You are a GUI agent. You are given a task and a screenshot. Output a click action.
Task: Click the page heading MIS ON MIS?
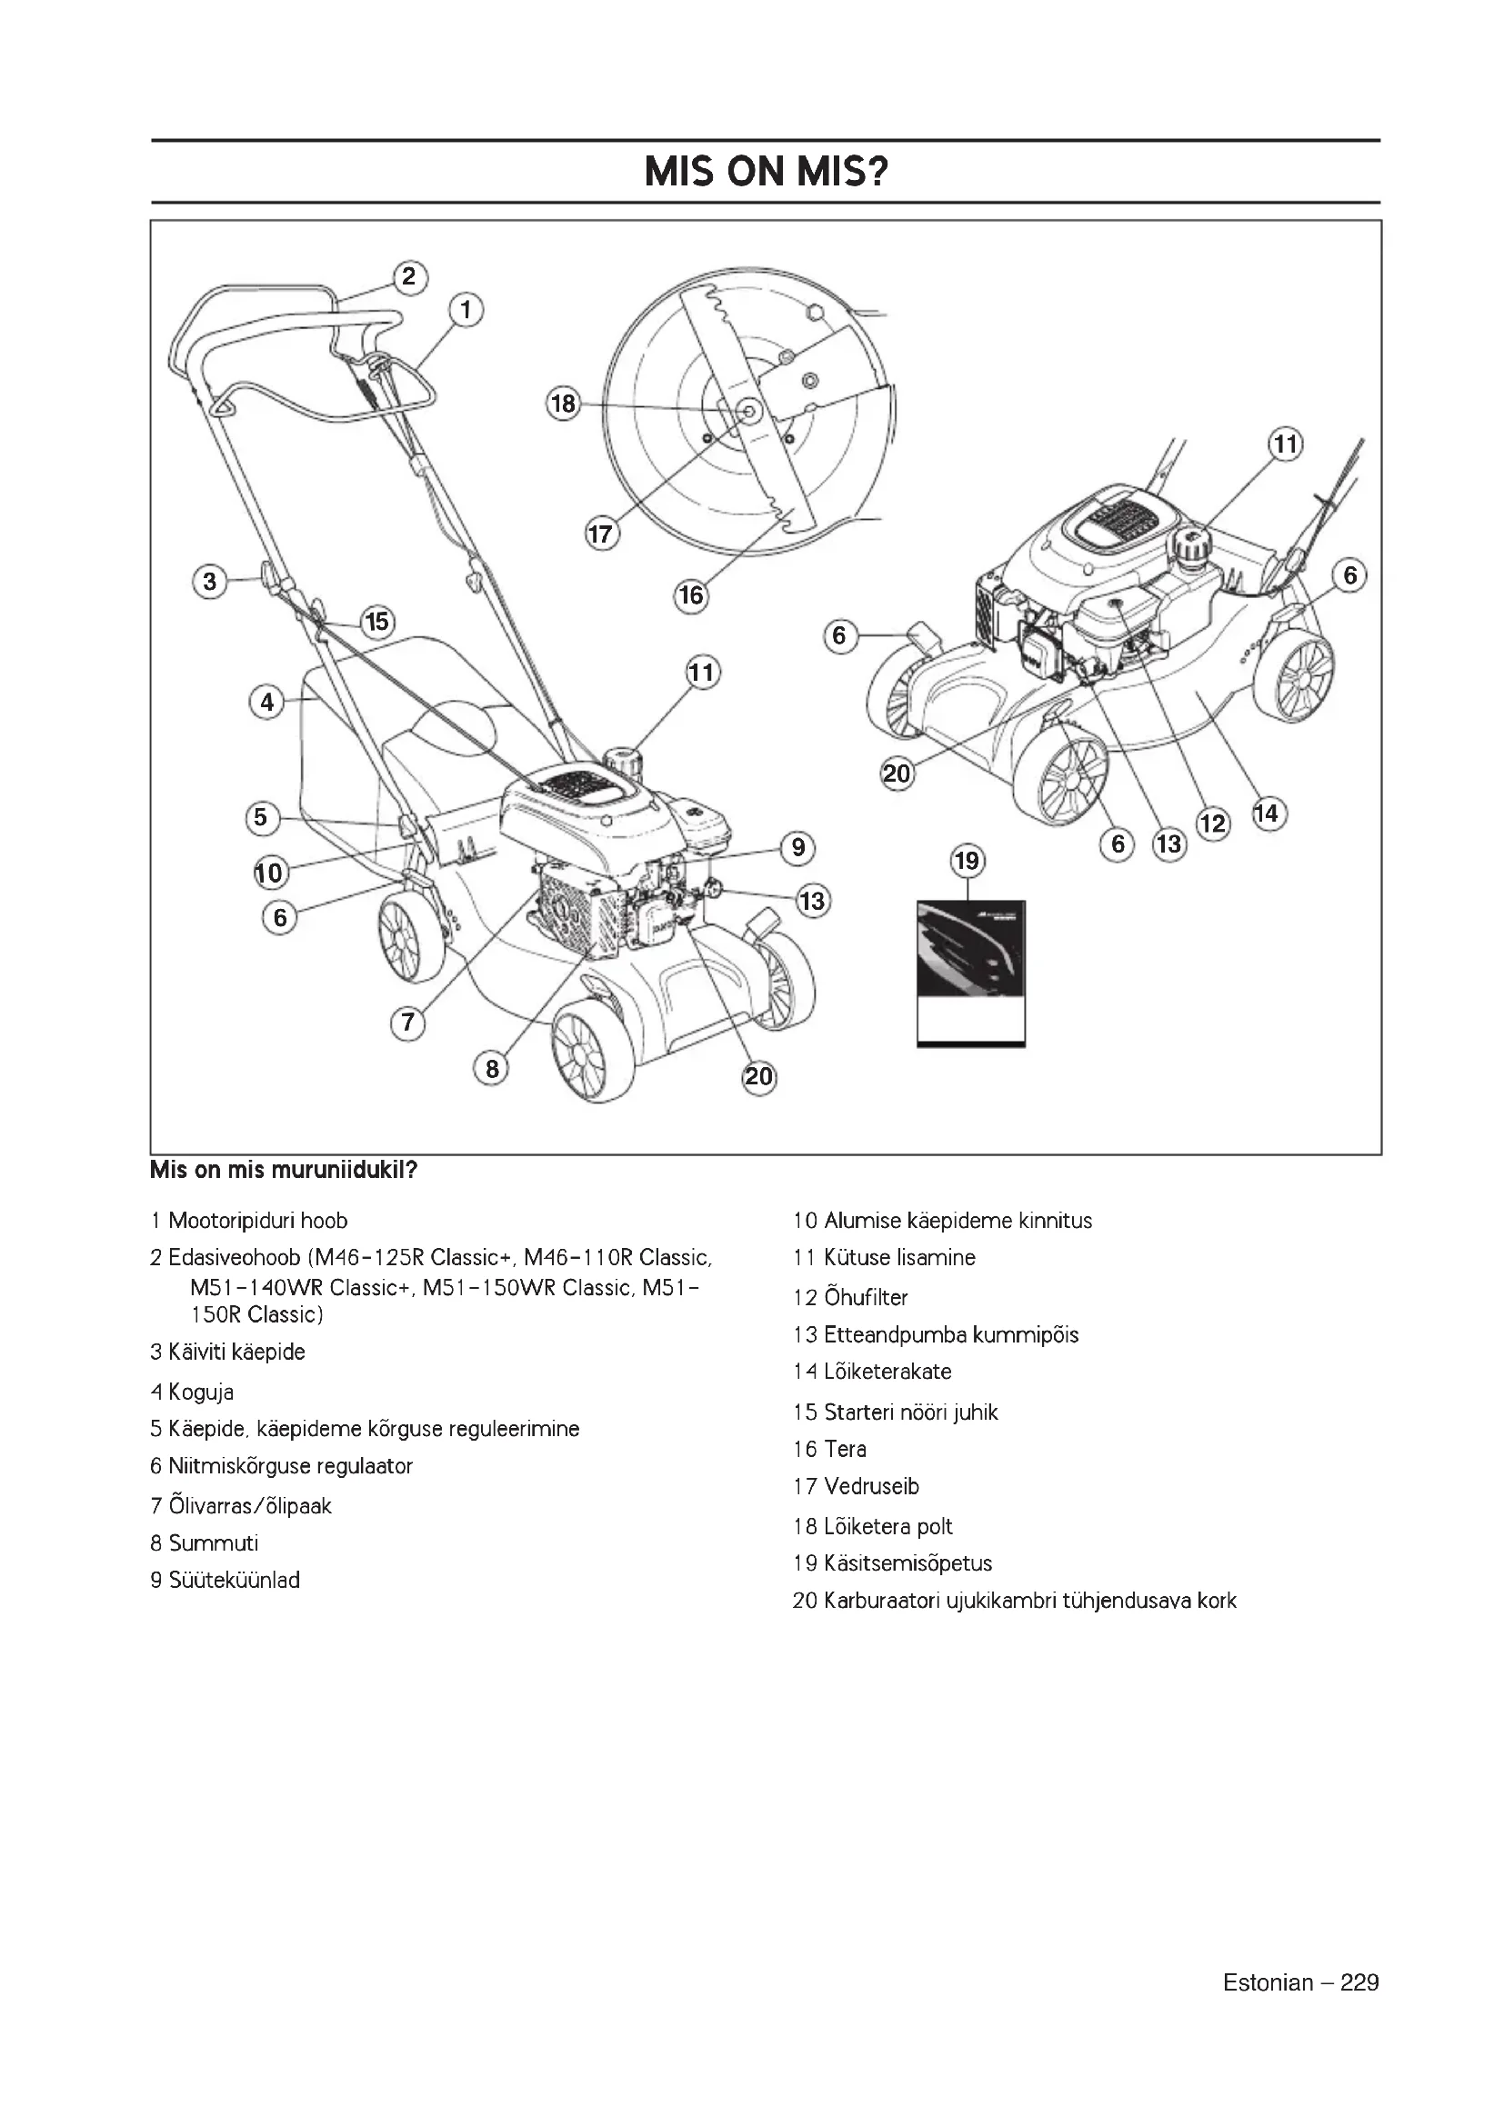click(x=765, y=171)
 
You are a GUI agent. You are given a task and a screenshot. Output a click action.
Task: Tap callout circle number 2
click(x=409, y=277)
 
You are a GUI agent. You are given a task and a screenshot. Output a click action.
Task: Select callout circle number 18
click(x=563, y=404)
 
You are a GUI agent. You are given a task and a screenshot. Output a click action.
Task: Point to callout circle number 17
click(x=602, y=534)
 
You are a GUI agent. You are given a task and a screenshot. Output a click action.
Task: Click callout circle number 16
click(x=692, y=594)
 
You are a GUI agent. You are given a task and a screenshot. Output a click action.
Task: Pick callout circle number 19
click(x=967, y=861)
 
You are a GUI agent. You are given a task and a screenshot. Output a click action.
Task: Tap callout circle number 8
click(x=492, y=1070)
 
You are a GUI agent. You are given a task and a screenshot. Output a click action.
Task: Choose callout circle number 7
click(x=407, y=1023)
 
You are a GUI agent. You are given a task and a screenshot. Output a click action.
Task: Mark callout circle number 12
click(x=1213, y=823)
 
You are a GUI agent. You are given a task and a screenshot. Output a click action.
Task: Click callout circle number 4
click(x=266, y=702)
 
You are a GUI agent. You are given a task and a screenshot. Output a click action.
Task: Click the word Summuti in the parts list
click(x=213, y=1542)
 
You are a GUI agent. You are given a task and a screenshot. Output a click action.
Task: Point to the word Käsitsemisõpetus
click(x=907, y=1563)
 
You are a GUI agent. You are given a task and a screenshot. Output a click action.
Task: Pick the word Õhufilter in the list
click(x=866, y=1297)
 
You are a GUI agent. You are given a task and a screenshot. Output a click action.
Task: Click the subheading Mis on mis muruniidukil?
click(x=284, y=1171)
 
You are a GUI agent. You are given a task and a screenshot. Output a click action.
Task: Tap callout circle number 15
click(x=377, y=622)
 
